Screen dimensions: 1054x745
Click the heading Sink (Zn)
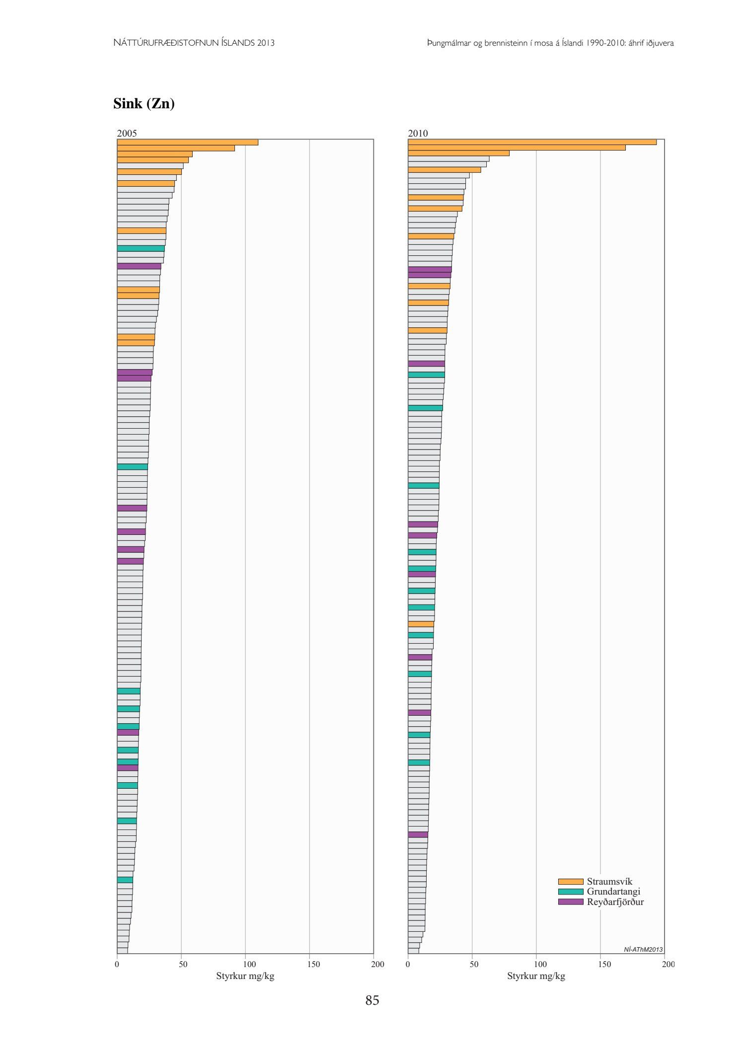tap(144, 103)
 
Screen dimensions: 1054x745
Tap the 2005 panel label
tap(127, 133)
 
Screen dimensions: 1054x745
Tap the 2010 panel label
tap(418, 133)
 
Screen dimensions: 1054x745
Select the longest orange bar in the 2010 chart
tap(532, 142)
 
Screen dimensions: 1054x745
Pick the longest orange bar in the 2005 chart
tap(187, 142)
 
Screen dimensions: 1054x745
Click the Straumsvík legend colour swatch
tap(570, 882)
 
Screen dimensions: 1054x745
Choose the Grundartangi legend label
tap(613, 892)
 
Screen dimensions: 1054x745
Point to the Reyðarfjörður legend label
tap(615, 902)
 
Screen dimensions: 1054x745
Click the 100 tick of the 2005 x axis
tap(249, 964)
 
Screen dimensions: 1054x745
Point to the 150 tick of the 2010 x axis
tap(604, 964)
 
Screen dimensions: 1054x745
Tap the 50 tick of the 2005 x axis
tap(183, 964)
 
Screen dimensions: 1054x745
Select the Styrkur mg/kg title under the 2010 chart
tap(536, 976)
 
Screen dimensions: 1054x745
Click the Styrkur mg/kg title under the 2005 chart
tap(245, 976)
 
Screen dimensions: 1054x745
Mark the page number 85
tap(372, 1000)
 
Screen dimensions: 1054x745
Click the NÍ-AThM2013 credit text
tap(643, 950)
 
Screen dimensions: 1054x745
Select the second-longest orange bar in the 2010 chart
tap(517, 148)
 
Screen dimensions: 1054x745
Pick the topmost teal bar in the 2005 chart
tap(141, 248)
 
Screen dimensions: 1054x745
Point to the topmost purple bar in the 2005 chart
tap(139, 266)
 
